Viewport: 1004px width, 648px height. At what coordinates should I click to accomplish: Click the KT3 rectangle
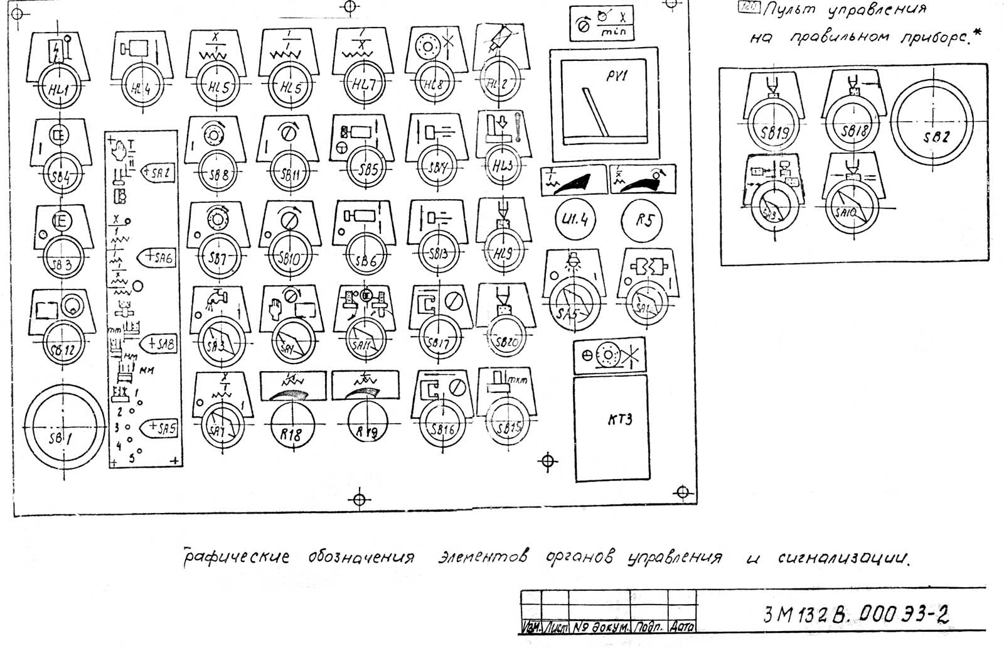[x=611, y=428]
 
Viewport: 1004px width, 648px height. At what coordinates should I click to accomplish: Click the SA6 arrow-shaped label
[x=159, y=257]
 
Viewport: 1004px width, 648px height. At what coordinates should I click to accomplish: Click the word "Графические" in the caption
[x=237, y=557]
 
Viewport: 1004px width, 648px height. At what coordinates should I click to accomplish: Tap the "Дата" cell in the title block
[x=681, y=627]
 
